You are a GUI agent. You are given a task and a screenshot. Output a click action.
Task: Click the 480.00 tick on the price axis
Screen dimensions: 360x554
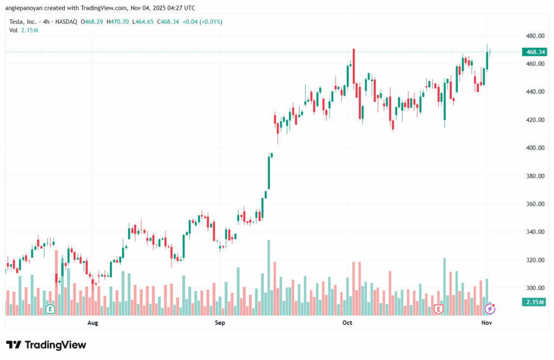(534, 36)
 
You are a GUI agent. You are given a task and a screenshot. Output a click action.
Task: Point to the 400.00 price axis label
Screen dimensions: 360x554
(534, 148)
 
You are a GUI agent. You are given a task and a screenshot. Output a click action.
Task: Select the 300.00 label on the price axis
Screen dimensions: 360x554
(534, 288)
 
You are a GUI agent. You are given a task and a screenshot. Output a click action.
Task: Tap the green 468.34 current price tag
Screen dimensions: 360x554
(534, 52)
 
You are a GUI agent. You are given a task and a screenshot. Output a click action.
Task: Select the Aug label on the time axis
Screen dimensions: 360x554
(93, 323)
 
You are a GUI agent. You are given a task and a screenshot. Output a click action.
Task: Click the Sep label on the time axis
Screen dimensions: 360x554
(220, 323)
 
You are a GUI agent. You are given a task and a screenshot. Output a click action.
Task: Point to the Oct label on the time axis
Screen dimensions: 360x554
(347, 323)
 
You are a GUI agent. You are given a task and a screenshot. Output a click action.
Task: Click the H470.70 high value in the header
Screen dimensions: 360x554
(118, 22)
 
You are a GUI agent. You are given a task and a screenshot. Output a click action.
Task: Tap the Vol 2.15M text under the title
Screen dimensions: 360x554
(23, 30)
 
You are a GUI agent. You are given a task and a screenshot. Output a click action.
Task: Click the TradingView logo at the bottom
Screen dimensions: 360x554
(46, 345)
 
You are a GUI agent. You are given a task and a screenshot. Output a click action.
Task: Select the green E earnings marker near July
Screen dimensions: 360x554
(51, 309)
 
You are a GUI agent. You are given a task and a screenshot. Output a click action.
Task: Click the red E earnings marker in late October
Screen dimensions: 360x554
(438, 309)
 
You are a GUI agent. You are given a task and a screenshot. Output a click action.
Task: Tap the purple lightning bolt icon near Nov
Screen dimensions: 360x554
(490, 309)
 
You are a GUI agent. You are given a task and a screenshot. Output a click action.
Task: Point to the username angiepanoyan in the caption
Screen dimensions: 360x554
(29, 8)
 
